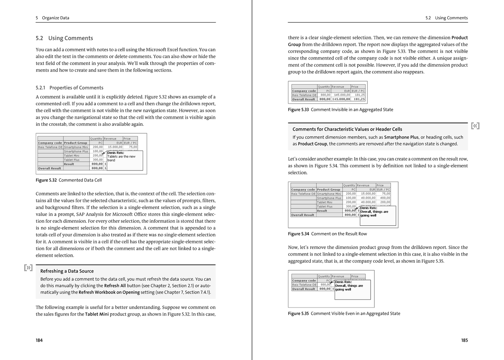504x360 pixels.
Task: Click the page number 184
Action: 39,340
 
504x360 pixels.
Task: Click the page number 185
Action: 464,340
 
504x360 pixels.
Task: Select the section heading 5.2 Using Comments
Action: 64,38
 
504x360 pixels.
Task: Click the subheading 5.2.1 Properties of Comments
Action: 69,88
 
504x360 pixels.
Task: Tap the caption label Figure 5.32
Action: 46,180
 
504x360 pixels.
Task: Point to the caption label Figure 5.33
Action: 298,110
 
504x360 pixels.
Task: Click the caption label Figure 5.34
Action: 298,234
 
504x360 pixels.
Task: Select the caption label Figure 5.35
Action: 298,314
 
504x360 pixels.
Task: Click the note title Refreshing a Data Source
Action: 67,271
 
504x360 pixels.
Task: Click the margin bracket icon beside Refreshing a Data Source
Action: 28,268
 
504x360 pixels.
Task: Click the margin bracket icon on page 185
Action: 475,126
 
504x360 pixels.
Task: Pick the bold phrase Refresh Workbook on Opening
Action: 109,292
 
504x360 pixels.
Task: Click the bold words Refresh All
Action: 115,286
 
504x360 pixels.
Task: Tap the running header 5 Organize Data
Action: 52,18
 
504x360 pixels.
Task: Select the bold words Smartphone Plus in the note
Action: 401,137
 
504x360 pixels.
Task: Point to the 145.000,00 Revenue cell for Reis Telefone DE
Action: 342,95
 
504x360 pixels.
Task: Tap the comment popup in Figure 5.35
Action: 352,289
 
